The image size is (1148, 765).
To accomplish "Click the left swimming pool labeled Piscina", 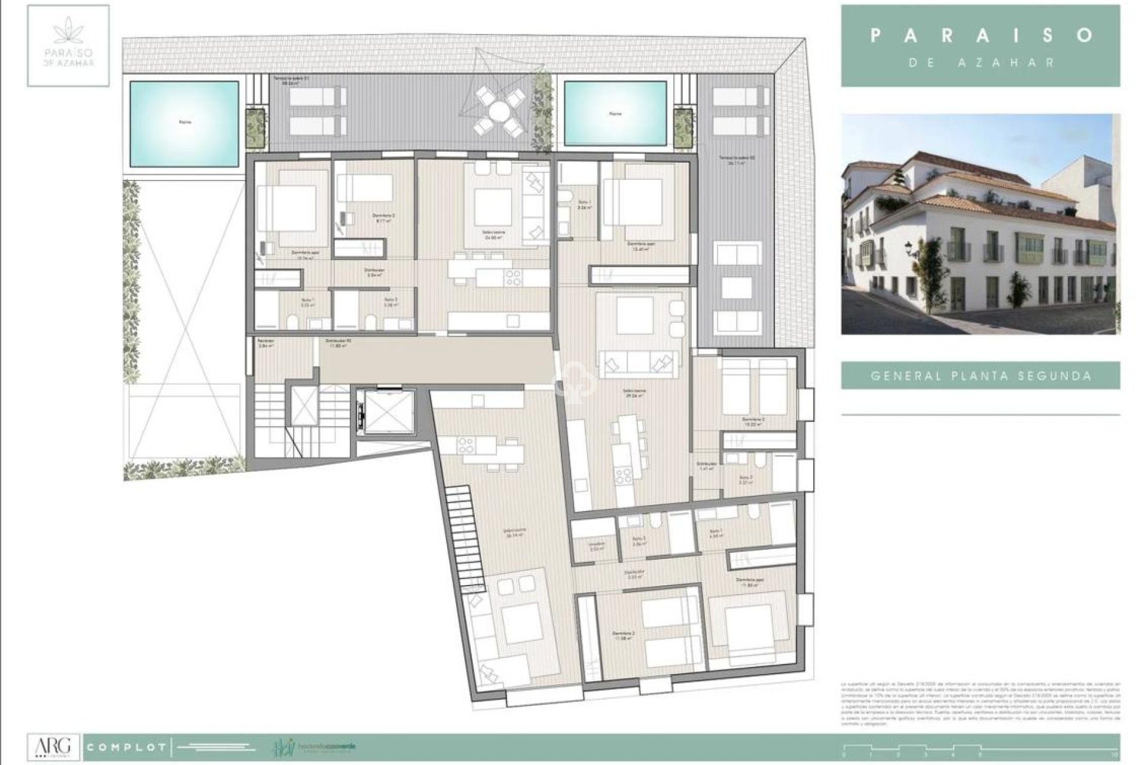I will point(184,123).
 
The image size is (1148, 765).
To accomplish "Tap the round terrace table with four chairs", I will point(497,111).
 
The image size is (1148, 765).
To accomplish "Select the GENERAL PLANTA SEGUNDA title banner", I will point(981,376).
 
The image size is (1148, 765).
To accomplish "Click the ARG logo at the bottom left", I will point(54,746).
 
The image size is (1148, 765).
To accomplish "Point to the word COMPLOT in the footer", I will point(126,747).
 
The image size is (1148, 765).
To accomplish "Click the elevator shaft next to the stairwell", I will point(384,411).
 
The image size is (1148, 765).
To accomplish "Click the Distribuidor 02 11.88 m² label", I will point(337,343).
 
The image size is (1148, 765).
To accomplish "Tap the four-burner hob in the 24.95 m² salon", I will point(513,277).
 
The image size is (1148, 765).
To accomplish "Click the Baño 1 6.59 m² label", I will point(716,533).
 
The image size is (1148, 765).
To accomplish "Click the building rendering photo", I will point(981,224).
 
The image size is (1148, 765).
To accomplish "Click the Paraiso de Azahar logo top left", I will point(68,45).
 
